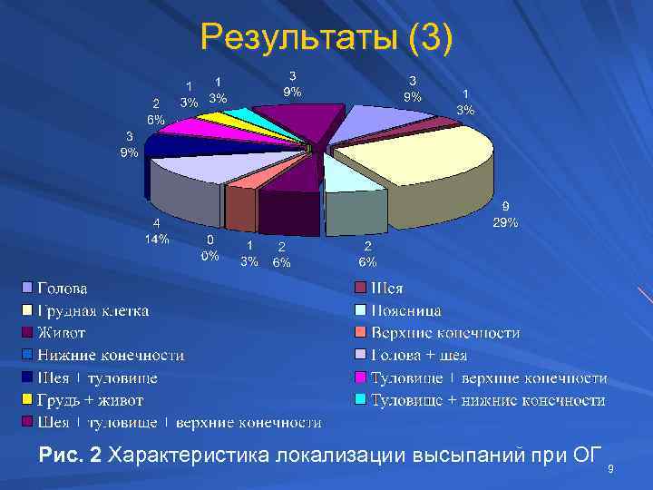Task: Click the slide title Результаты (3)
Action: click(x=326, y=38)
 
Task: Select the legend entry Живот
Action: click(x=61, y=333)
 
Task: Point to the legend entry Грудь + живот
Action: click(x=90, y=400)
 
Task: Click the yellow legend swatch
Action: click(x=27, y=400)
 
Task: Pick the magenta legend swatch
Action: click(x=360, y=377)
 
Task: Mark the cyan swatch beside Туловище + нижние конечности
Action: click(x=360, y=400)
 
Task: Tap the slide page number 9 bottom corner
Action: click(x=610, y=469)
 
